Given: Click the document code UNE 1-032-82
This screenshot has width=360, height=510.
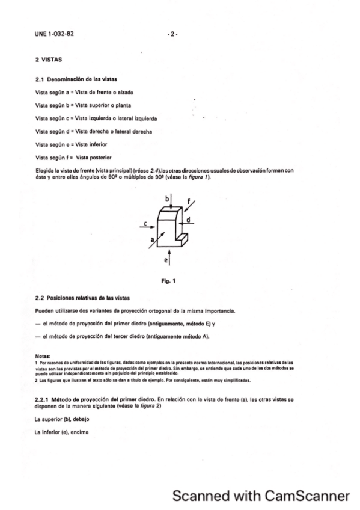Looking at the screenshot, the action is click(x=55, y=34).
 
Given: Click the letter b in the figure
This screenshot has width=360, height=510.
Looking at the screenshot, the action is click(x=167, y=197).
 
